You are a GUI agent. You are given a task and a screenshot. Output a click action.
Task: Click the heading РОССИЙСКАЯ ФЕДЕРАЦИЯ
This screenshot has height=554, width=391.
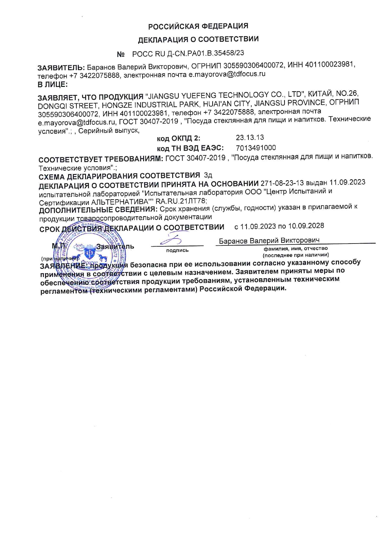(x=198, y=26)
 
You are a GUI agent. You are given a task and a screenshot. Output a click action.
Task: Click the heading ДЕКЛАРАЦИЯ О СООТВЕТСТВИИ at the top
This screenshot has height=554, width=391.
(x=198, y=39)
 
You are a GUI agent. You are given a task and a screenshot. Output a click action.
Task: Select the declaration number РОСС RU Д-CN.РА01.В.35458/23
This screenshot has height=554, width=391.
(x=188, y=53)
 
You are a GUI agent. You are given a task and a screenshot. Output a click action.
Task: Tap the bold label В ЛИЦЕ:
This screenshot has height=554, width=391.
(x=52, y=84)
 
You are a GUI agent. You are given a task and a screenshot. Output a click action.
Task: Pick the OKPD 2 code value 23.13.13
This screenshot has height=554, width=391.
(x=250, y=138)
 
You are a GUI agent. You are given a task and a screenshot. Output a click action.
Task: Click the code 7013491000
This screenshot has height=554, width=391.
(x=256, y=148)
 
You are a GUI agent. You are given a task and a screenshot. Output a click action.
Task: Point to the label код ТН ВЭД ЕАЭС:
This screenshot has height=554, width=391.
(x=190, y=148)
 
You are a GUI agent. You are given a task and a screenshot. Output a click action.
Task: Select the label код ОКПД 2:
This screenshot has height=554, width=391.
(x=178, y=138)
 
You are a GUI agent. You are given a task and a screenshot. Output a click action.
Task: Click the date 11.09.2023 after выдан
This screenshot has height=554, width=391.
(x=347, y=182)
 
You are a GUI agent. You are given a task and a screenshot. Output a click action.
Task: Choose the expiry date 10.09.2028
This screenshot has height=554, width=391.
(x=306, y=226)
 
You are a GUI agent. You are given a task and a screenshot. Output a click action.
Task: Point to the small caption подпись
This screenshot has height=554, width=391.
(x=177, y=250)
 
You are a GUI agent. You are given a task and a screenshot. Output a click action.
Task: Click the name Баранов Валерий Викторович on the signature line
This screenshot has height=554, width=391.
(x=269, y=241)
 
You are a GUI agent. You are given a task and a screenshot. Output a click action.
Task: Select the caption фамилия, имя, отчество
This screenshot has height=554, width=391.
(x=295, y=249)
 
